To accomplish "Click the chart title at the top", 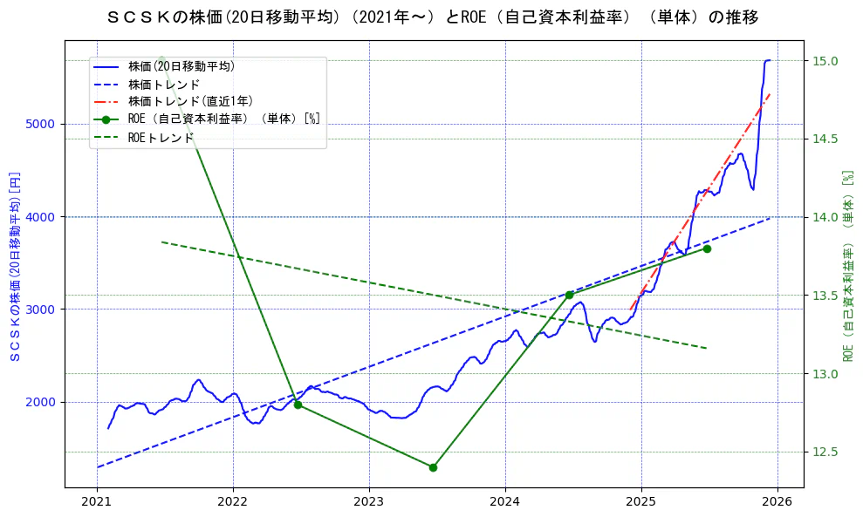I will pyautogui.click(x=431, y=17).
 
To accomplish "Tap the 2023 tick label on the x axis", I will pyautogui.click(x=368, y=502).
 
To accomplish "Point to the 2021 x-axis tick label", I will pyautogui.click(x=97, y=502).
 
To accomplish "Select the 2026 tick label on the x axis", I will pyautogui.click(x=777, y=502).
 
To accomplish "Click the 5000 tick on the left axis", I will pyautogui.click(x=43, y=124).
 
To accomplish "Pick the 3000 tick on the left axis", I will pyautogui.click(x=43, y=310).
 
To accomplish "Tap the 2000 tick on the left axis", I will pyautogui.click(x=43, y=402).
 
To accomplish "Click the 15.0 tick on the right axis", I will pyautogui.click(x=826, y=61).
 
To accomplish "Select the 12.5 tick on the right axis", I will pyautogui.click(x=826, y=452).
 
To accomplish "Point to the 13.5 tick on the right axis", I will pyautogui.click(x=826, y=296).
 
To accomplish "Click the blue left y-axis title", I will pyautogui.click(x=15, y=266).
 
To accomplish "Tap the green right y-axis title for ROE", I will pyautogui.click(x=847, y=266).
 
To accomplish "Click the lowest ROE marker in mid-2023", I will pyautogui.click(x=433, y=467).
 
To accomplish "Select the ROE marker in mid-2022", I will pyautogui.click(x=298, y=405).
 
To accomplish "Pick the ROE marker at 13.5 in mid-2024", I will pyautogui.click(x=569, y=295).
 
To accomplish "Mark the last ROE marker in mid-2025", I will pyautogui.click(x=707, y=248).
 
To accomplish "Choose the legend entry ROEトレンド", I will pyautogui.click(x=161, y=138).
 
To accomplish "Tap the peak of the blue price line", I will pyautogui.click(x=768, y=60).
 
